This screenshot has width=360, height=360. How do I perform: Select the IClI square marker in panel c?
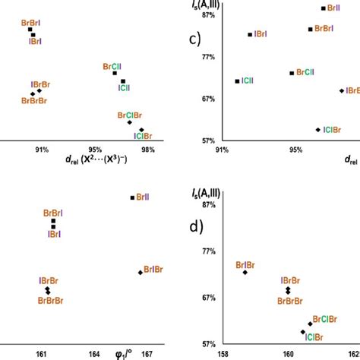[238, 81]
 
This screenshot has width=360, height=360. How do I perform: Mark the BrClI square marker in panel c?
[292, 73]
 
